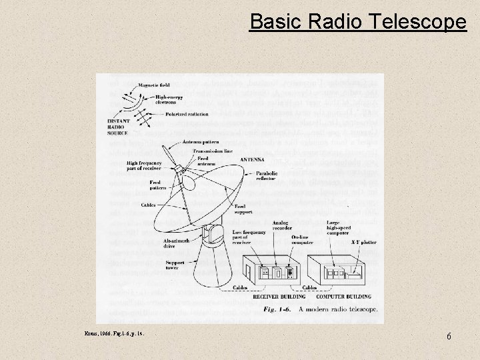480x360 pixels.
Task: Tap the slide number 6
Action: point(449,337)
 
